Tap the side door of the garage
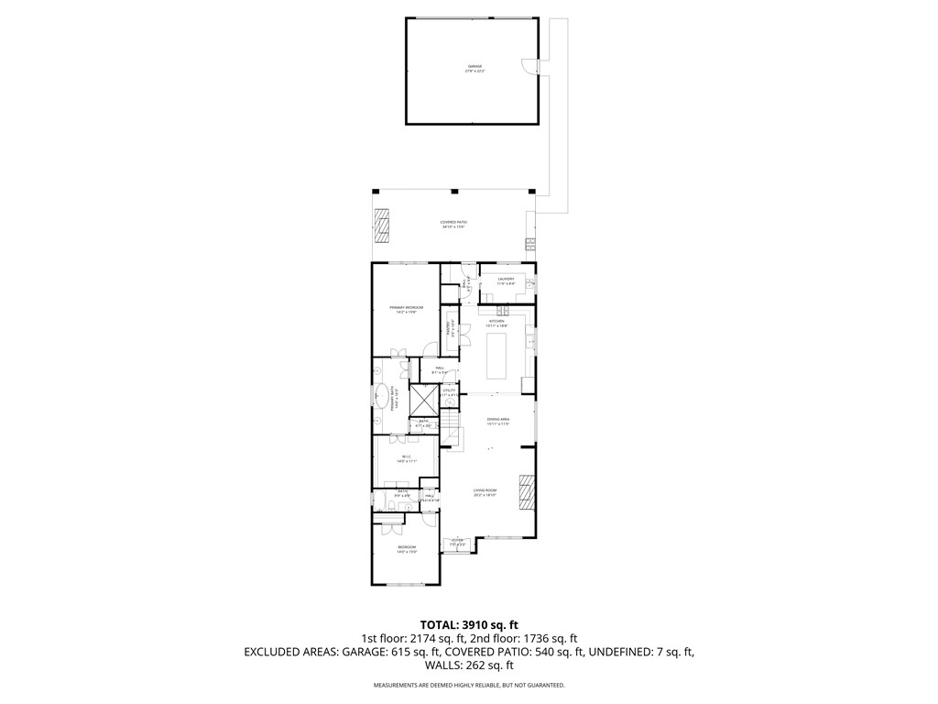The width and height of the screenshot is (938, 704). click(529, 67)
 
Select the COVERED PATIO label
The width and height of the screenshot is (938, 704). click(453, 223)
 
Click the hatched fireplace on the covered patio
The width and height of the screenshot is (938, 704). click(382, 225)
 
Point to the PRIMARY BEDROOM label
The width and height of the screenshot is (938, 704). click(406, 309)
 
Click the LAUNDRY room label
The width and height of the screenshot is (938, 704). click(506, 280)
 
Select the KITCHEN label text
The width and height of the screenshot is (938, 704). click(497, 322)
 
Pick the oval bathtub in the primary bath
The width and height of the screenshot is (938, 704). click(378, 397)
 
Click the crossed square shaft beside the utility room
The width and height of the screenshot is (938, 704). click(423, 399)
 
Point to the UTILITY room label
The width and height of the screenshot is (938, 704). click(449, 391)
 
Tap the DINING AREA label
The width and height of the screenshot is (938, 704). click(498, 421)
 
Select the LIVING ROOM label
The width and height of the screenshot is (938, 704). click(485, 492)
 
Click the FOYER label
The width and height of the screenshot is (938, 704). click(457, 543)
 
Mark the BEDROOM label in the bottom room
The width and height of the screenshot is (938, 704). click(407, 549)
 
